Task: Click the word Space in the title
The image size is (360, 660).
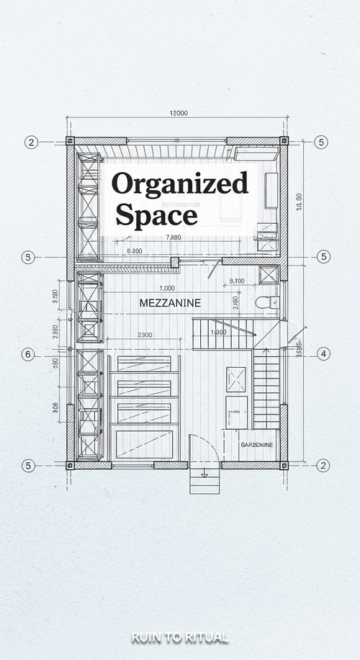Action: click(x=156, y=214)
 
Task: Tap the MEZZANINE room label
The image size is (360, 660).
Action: click(x=169, y=303)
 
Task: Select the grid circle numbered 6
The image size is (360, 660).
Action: click(x=29, y=354)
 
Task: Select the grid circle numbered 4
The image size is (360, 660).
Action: click(x=323, y=353)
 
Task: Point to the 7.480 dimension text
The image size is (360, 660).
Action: click(x=173, y=238)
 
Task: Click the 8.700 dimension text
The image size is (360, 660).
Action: click(x=236, y=281)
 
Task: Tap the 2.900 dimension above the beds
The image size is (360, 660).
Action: click(x=144, y=335)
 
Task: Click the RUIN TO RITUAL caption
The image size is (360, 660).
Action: click(x=180, y=637)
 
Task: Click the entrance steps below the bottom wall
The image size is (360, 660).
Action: click(x=204, y=481)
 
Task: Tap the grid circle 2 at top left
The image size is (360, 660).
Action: click(x=31, y=142)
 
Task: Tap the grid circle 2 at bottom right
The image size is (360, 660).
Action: click(x=323, y=465)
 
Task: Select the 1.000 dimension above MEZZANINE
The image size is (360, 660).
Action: click(x=167, y=289)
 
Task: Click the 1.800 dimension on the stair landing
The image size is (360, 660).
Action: click(x=218, y=333)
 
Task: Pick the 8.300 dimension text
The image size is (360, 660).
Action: click(x=134, y=250)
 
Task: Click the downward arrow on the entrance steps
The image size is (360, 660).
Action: click(x=204, y=475)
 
